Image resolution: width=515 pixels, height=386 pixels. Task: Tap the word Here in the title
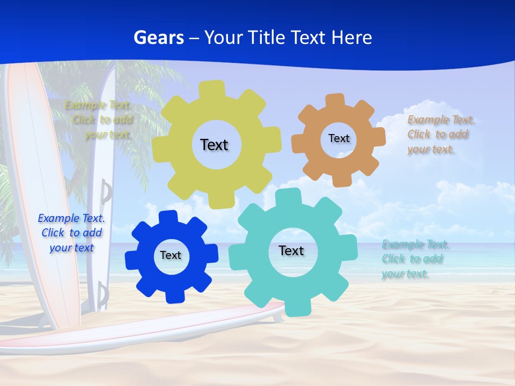click(x=351, y=38)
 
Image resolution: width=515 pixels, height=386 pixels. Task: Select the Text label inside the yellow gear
click(x=214, y=145)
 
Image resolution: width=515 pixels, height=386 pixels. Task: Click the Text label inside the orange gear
click(x=339, y=138)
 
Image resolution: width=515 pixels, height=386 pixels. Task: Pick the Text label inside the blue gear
click(x=171, y=255)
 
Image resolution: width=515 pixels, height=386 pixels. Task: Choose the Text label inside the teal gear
click(x=291, y=250)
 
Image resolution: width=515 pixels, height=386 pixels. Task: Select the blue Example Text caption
click(x=71, y=233)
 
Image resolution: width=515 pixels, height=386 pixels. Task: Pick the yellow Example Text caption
click(x=100, y=120)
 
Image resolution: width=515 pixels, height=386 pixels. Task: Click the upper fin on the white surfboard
click(x=106, y=192)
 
